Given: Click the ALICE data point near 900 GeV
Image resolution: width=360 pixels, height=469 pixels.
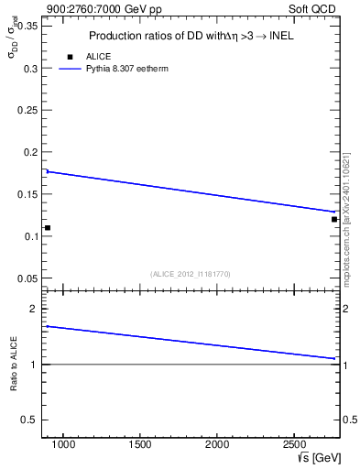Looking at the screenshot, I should [x=47, y=227].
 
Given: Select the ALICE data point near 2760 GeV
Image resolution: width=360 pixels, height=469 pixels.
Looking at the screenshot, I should [x=334, y=219].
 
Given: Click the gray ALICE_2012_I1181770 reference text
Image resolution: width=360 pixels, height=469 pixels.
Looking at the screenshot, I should [x=191, y=273].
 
